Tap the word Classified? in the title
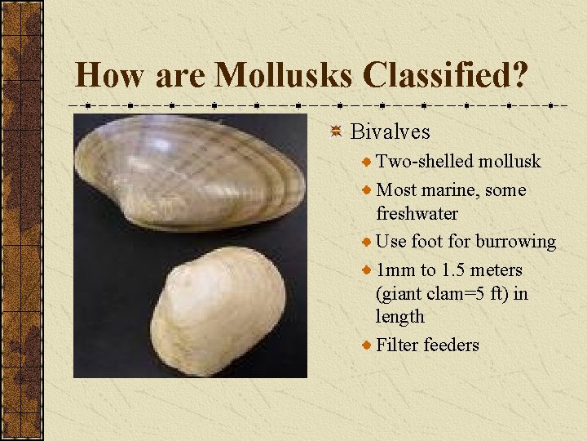[446, 76]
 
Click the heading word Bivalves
[390, 131]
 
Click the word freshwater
[417, 213]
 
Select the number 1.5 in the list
[455, 269]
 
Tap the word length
[399, 316]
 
